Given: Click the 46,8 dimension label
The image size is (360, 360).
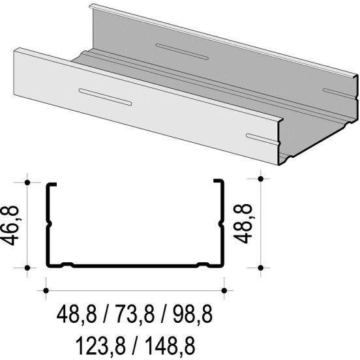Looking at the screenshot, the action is pos(10,226).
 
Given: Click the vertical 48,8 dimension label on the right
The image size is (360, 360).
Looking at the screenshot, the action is pos(243,224).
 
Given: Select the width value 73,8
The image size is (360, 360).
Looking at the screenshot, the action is pos(134,314).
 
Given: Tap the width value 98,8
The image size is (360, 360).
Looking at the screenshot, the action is pos(192,314).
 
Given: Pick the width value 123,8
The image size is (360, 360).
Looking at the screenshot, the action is pos(101,345).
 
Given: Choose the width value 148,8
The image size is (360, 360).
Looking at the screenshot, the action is pos(170,345).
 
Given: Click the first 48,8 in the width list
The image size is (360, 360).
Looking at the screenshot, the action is pos(77,314).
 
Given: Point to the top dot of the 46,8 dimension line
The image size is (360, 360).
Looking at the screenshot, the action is pos(27,183).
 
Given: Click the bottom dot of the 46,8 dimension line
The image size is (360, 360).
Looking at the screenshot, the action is pos(27,267).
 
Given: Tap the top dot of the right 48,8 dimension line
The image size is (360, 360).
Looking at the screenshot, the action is pos(261,179).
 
